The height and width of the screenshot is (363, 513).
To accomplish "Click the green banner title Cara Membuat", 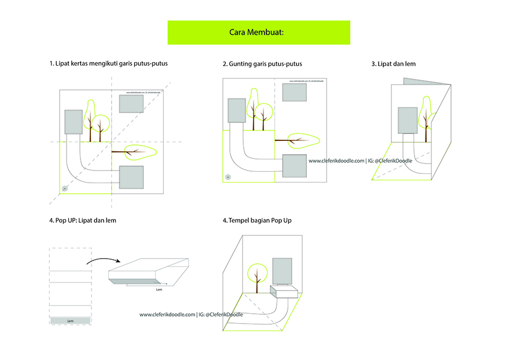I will (258, 32).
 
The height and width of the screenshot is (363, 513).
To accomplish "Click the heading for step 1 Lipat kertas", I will (108, 64).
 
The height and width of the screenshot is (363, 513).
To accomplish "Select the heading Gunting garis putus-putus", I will (262, 64).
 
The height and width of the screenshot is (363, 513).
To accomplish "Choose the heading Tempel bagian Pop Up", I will (261, 220).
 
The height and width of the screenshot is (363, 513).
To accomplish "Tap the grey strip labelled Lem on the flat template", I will (70, 321).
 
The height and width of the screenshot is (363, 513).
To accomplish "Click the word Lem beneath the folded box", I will (160, 288).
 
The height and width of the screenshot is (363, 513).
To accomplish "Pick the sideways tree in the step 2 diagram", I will (297, 139).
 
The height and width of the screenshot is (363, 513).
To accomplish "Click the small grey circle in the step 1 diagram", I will (65, 188).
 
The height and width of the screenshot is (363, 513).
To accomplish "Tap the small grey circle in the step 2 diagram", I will (228, 177).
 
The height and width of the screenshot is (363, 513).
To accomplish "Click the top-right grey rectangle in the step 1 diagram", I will (131, 103).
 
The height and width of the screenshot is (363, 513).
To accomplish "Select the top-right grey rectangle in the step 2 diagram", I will (295, 92).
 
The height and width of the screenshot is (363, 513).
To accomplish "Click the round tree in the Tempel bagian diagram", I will (257, 274).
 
